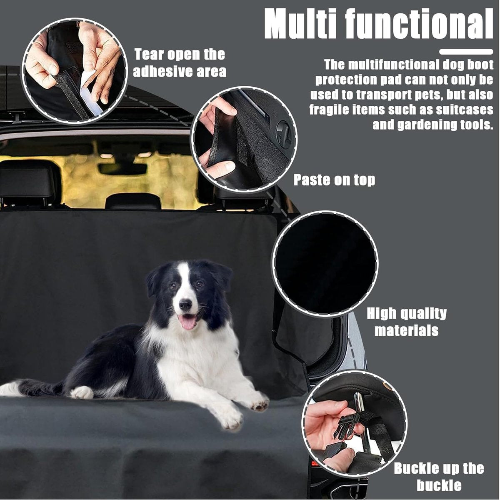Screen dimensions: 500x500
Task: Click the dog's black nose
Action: tap(186, 305)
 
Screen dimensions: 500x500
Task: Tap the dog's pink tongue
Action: tap(188, 322)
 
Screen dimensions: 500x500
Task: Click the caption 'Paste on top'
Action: tap(335, 180)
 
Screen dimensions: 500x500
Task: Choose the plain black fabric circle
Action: tap(324, 264)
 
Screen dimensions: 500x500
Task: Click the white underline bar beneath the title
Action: tap(466, 52)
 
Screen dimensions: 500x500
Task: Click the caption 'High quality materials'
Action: tap(407, 322)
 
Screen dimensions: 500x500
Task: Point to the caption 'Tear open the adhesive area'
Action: tap(180, 63)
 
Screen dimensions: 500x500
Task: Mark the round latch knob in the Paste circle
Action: tap(283, 135)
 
